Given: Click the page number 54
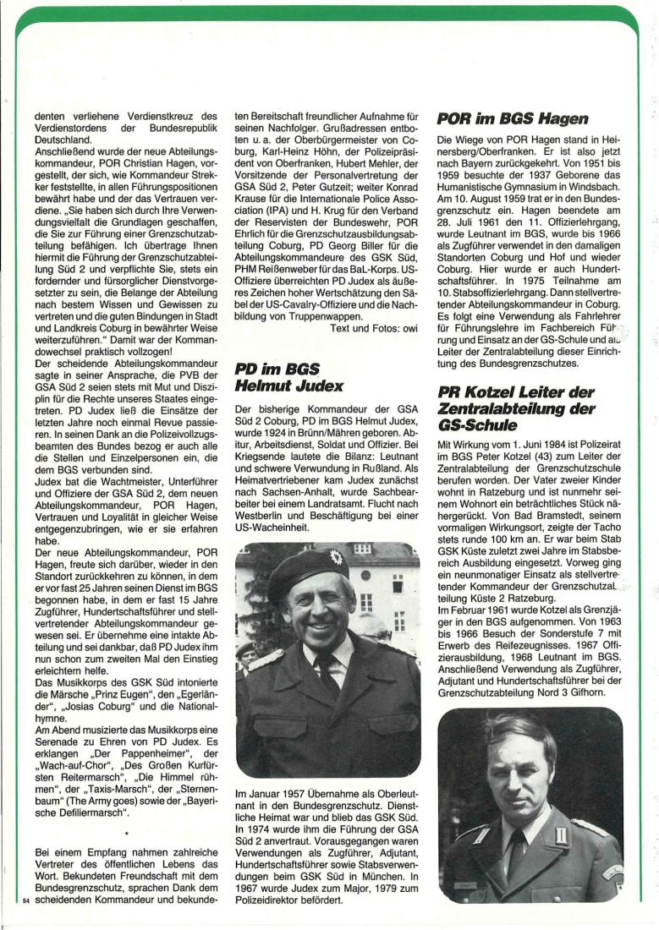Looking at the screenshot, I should point(25,901).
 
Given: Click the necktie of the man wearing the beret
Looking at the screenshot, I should point(329,673).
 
